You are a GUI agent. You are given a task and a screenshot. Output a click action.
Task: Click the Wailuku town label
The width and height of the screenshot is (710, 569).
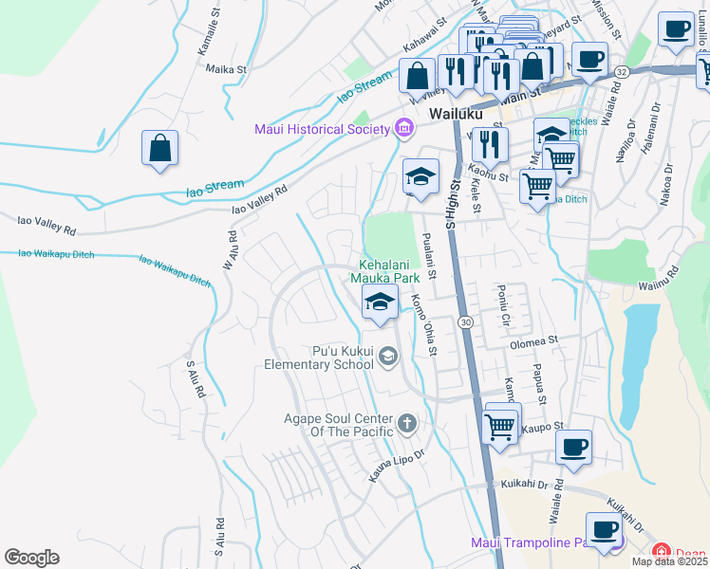coord(456,113)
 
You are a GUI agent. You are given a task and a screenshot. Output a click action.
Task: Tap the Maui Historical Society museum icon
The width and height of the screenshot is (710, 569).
coord(404,128)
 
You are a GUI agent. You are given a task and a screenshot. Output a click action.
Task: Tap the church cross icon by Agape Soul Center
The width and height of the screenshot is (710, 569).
coord(407,423)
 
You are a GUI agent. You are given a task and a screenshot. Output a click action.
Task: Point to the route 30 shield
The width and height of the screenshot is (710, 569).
coord(464,323)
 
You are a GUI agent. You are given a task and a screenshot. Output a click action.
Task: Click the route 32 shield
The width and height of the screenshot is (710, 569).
coord(621,71)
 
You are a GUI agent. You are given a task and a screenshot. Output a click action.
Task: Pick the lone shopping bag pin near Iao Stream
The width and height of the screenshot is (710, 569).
coord(160,149)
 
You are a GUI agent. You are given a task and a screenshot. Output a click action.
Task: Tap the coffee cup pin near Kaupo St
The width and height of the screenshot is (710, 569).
coord(572,447)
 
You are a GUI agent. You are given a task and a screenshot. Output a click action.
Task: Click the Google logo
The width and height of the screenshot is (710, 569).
coord(31,557)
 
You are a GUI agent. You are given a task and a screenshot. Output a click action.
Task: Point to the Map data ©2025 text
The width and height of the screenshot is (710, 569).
coord(669,561)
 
